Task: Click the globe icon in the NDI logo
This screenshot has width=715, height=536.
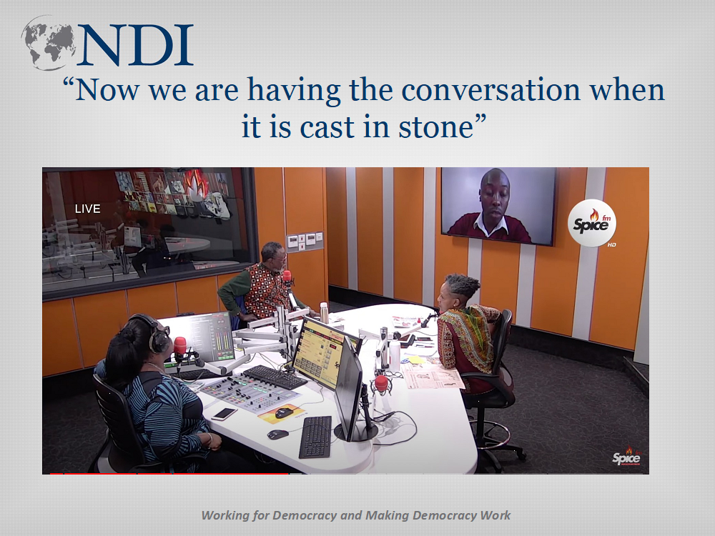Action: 49,43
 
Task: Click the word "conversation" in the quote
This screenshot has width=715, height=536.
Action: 490,90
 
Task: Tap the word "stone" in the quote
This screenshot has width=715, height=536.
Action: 435,126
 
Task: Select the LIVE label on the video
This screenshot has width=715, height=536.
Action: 87,209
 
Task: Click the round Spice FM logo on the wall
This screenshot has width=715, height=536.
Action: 592,223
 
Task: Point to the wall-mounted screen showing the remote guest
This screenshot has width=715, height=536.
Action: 498,206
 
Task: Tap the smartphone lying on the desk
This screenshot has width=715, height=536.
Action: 223,414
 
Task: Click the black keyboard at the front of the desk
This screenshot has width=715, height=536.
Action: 315,437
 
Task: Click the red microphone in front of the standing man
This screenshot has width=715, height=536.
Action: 287,276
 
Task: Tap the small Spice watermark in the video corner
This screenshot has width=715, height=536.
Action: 626,457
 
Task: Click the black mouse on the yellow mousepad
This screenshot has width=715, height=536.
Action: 284,412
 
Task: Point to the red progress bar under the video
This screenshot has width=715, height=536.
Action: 169,474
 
